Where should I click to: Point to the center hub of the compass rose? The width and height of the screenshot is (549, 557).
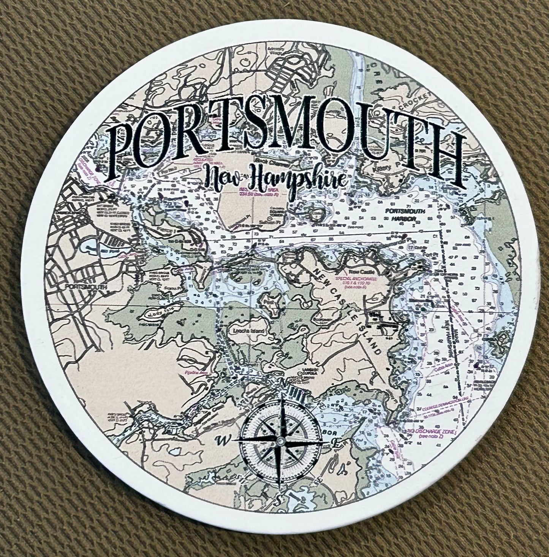[x=280, y=440]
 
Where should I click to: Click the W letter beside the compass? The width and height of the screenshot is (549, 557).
[x=220, y=441]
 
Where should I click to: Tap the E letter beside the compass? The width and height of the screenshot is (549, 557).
[x=335, y=443]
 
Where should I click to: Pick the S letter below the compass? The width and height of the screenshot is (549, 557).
[x=278, y=498]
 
